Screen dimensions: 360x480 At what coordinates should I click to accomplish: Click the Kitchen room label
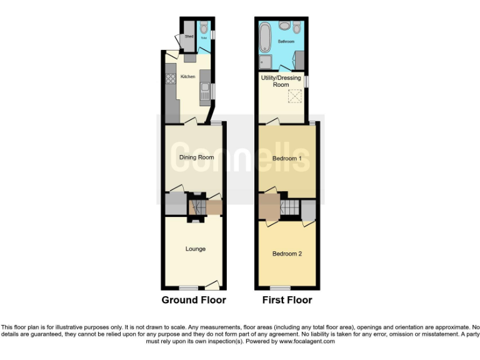coord(187,77)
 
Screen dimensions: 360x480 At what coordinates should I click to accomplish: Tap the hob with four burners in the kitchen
coord(169,79)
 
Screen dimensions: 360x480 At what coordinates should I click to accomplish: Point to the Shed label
coord(189,37)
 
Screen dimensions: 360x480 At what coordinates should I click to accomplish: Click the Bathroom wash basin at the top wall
coord(284,26)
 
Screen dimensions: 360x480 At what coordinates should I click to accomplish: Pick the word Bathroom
coord(286,42)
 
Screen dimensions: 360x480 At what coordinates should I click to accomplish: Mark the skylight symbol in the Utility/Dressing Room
coord(294,97)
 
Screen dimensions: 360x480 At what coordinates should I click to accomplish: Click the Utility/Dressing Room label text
coord(281,81)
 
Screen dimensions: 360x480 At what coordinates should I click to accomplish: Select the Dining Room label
coord(196,157)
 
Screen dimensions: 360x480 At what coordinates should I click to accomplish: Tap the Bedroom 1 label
coord(287,159)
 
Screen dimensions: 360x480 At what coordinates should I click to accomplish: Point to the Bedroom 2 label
coord(287,254)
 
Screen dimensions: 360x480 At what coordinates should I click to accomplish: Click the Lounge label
coord(195,249)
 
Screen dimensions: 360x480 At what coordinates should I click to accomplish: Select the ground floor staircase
coord(197,206)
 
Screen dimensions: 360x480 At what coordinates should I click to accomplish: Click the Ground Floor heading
coord(194,300)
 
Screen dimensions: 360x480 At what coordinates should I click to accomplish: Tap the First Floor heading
coord(287,300)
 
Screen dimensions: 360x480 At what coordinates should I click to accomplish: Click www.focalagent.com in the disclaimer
coord(307,341)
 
